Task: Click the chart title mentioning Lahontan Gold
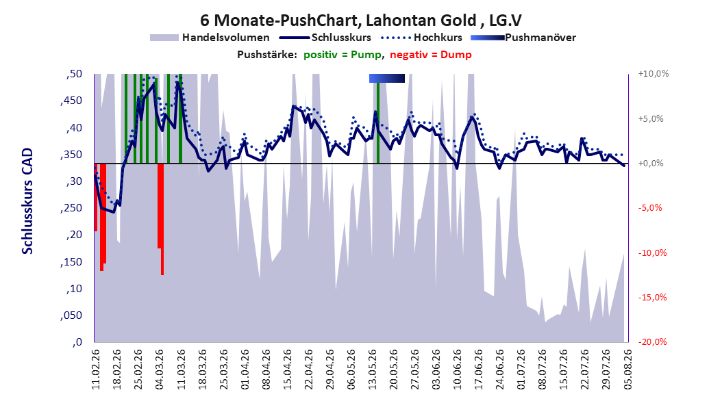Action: pyautogui.click(x=361, y=21)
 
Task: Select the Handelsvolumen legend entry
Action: pyautogui.click(x=210, y=38)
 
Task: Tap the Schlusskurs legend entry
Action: pyautogui.click(x=325, y=38)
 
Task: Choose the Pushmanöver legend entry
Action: pyautogui.click(x=523, y=38)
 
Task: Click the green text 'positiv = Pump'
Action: pyautogui.click(x=343, y=55)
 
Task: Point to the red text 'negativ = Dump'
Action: pyautogui.click(x=431, y=55)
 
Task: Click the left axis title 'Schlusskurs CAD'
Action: pyautogui.click(x=27, y=201)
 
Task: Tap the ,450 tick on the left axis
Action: pyautogui.click(x=71, y=101)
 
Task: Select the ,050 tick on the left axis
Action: pyautogui.click(x=71, y=315)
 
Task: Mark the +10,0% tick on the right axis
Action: pyautogui.click(x=653, y=74)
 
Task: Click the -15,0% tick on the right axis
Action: pyautogui.click(x=652, y=298)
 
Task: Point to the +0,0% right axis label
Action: pyautogui.click(x=650, y=164)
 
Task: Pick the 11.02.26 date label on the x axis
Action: pyautogui.click(x=96, y=370)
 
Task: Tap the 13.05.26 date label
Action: pyautogui.click(x=372, y=370)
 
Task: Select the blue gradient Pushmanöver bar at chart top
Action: pyautogui.click(x=387, y=79)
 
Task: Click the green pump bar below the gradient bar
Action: pyautogui.click(x=378, y=122)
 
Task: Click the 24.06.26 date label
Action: pyautogui.click(x=499, y=370)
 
